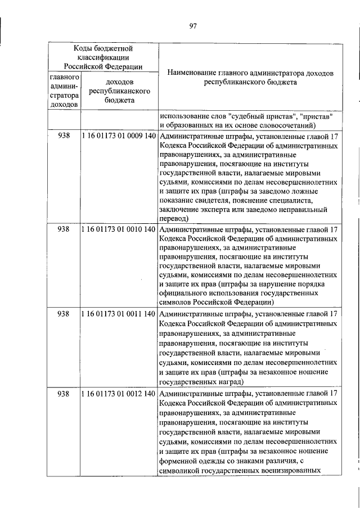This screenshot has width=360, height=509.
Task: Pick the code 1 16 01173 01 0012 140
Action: pos(118,394)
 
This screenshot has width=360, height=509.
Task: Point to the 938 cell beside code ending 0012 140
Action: pos(64,394)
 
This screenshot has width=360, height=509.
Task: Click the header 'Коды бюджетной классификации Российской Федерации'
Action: pos(102,57)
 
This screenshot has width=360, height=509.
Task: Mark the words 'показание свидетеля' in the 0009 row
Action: pos(193,199)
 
